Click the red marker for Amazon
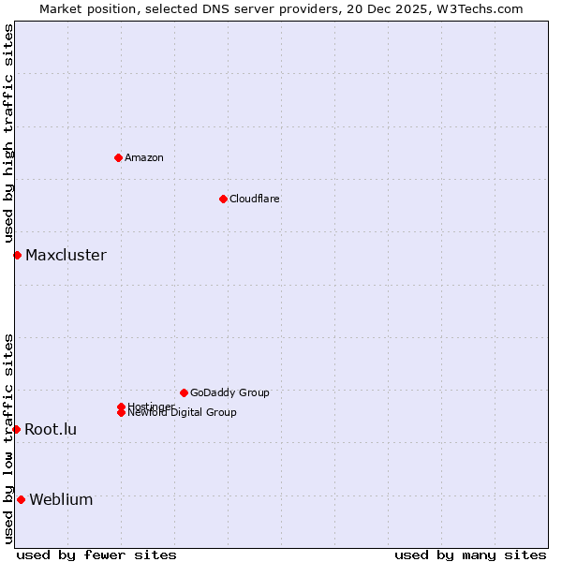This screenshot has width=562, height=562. [x=118, y=157]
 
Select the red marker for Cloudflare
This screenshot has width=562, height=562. [x=223, y=199]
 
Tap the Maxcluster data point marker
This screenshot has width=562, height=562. [x=17, y=255]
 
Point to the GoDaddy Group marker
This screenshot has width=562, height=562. [x=184, y=392]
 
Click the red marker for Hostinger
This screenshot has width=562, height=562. [x=121, y=407]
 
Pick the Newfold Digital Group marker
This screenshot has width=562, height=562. [x=121, y=413]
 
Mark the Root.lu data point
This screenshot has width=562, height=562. [x=16, y=429]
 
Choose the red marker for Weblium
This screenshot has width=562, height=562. [x=21, y=499]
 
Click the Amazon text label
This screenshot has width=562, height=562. [x=144, y=157]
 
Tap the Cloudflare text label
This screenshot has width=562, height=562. [x=255, y=199]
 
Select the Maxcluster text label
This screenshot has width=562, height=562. [x=66, y=255]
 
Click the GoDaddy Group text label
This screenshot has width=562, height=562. [x=229, y=392]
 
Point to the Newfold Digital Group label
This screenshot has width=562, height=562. [x=183, y=413]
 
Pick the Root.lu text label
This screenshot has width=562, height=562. [x=51, y=429]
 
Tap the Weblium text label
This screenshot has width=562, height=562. [x=61, y=499]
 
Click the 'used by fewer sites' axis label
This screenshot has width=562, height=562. [x=96, y=555]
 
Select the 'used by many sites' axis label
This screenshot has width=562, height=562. [x=470, y=555]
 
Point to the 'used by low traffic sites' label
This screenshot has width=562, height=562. [x=8, y=438]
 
